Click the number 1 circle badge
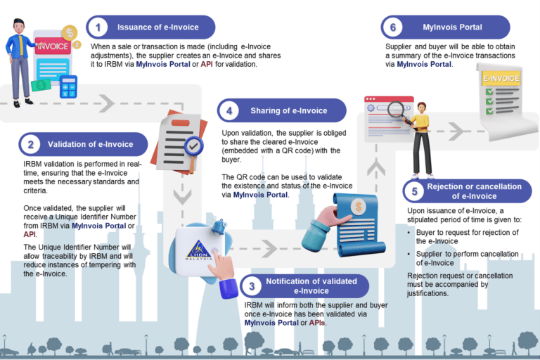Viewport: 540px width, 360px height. (98, 27)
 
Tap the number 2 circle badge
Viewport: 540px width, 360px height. (30, 145)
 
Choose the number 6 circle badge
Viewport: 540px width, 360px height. (392, 27)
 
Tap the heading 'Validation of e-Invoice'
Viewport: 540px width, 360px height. (90, 145)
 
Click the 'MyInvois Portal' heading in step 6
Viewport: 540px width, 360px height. (452, 27)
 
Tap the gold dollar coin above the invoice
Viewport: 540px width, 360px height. (70, 32)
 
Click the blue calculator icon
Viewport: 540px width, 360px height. (69, 87)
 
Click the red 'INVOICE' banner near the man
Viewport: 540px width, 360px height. (52, 46)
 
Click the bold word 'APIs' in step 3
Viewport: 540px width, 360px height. (314, 322)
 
